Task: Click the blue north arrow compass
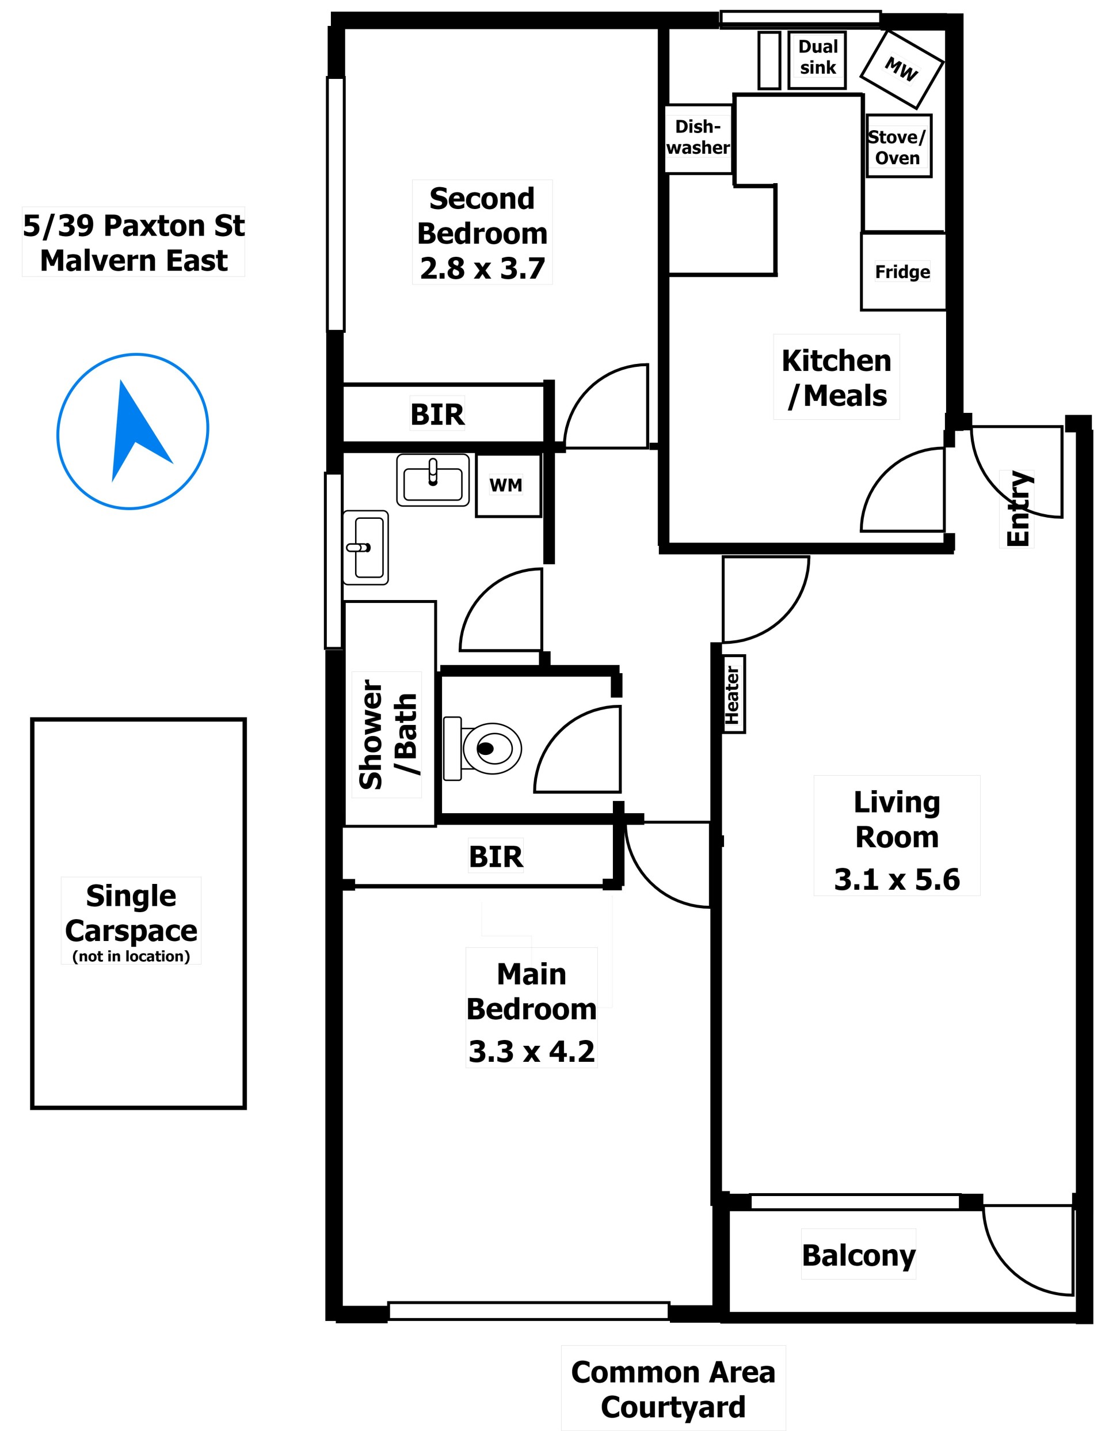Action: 133,431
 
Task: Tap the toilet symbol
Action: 482,748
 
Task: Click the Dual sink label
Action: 817,57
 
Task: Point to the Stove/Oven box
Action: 898,146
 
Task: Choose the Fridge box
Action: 902,271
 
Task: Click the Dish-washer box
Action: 698,138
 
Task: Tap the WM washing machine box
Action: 508,485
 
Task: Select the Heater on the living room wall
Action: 733,694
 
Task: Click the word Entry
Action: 1018,508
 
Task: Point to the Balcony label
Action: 858,1255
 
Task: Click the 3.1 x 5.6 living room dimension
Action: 897,879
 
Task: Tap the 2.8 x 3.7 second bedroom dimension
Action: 482,268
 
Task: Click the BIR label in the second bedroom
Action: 437,414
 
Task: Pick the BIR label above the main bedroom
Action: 496,856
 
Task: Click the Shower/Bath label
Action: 387,734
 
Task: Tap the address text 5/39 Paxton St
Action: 134,225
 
